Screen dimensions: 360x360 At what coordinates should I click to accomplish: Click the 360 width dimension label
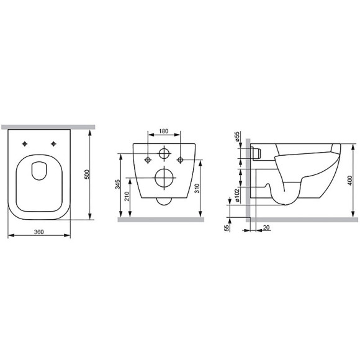pyautogui.click(x=39, y=232)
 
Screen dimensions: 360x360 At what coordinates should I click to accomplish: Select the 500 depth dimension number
pyautogui.click(x=87, y=174)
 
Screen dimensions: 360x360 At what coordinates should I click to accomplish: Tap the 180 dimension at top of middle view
pyautogui.click(x=164, y=131)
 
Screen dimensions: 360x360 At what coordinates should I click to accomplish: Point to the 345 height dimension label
pyautogui.click(x=117, y=184)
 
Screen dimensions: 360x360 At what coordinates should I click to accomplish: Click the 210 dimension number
pyautogui.click(x=127, y=196)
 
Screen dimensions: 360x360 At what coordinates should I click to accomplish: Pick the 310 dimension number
pyautogui.click(x=197, y=188)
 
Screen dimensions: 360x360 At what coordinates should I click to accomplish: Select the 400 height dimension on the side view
pyautogui.click(x=349, y=181)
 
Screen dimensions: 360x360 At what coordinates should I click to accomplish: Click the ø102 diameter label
pyautogui.click(x=237, y=195)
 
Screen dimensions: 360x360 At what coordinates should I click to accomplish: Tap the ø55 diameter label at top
pyautogui.click(x=237, y=137)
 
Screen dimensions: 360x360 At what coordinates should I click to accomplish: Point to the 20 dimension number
pyautogui.click(x=266, y=228)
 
